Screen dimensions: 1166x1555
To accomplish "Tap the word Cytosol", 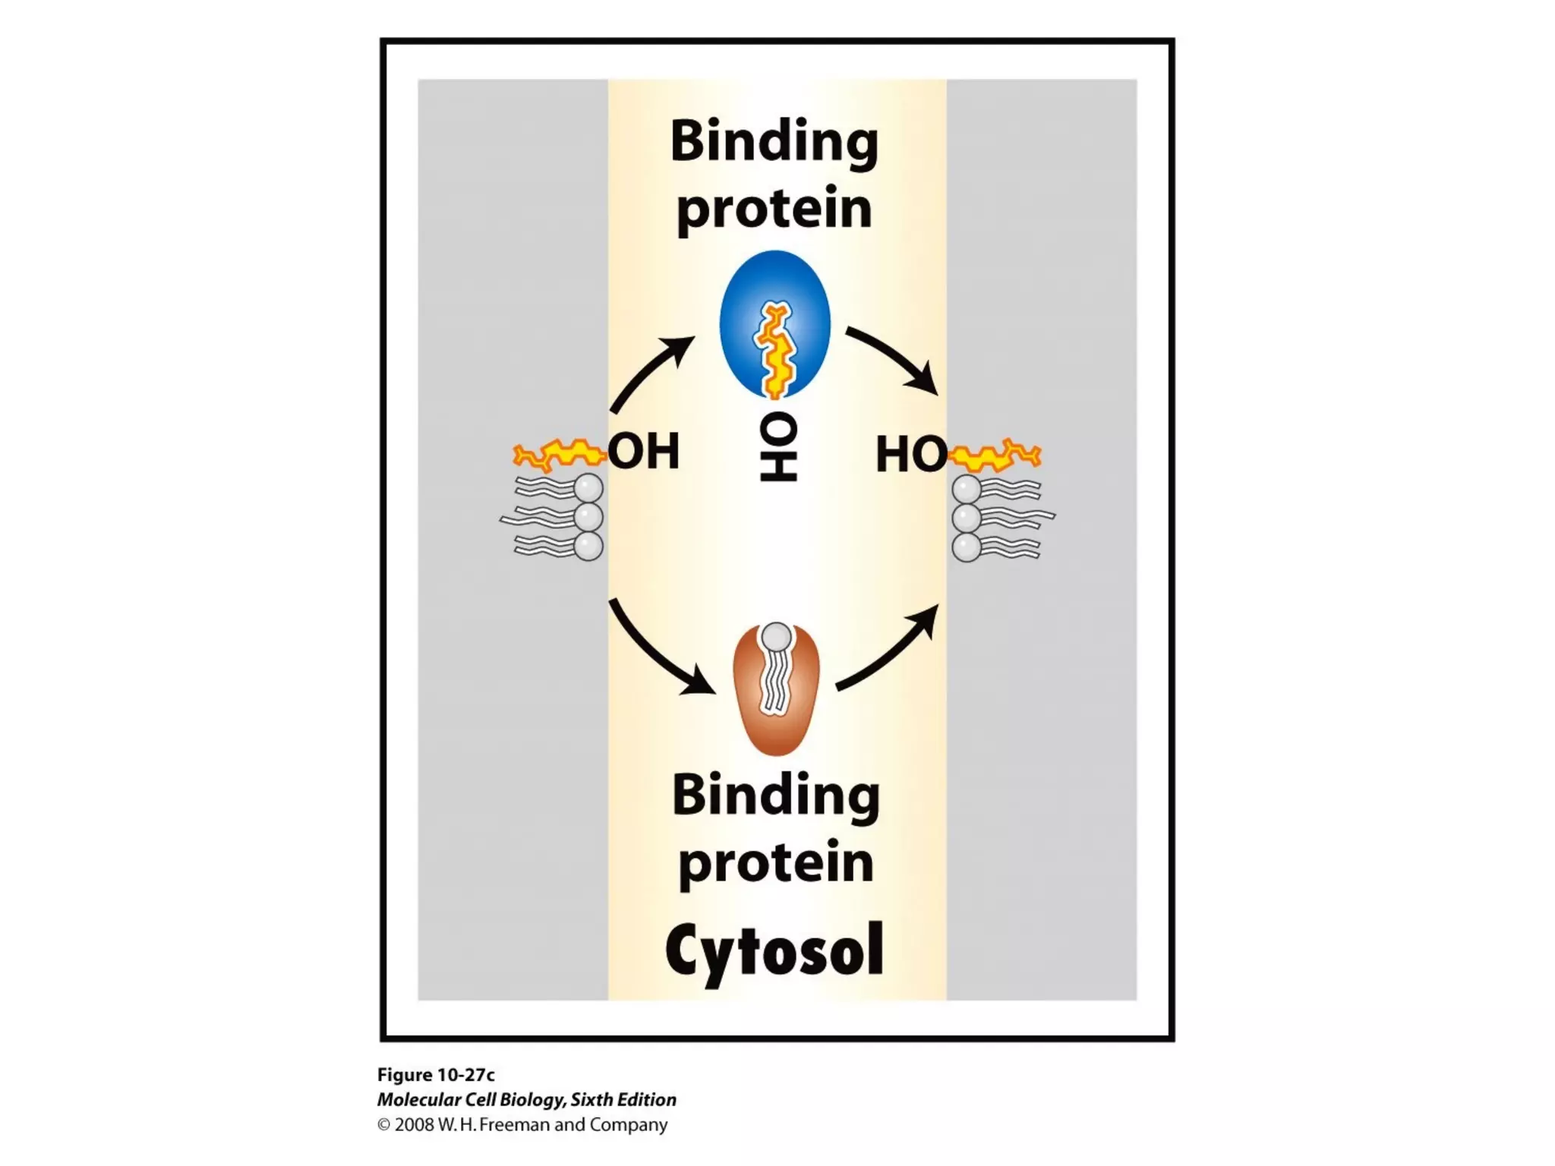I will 774,950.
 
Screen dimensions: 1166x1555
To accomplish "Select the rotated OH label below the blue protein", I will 777,448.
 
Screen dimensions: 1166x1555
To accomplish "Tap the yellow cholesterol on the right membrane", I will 995,455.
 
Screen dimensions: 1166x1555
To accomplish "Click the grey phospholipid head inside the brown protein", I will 776,636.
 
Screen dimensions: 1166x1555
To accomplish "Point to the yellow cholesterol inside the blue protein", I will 774,349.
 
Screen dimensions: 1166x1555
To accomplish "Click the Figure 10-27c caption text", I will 436,1075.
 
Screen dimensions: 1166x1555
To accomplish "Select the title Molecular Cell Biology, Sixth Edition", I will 526,1100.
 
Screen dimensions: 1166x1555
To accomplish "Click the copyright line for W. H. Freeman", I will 522,1125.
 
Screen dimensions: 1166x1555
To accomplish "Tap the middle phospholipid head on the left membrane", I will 588,517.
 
